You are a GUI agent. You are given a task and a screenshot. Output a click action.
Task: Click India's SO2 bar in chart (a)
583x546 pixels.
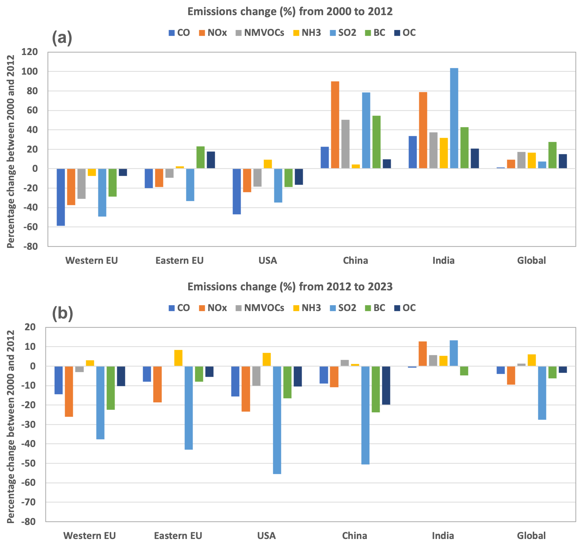pyautogui.click(x=454, y=118)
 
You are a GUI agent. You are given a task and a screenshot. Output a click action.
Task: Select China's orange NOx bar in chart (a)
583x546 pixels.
pyautogui.click(x=335, y=125)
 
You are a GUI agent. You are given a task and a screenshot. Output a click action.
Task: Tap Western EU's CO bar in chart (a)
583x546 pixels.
pyautogui.click(x=61, y=197)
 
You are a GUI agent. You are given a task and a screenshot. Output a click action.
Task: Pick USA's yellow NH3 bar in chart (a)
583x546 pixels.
pyautogui.click(x=268, y=164)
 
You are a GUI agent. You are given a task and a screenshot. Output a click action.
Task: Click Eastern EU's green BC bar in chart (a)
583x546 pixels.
pyautogui.click(x=200, y=157)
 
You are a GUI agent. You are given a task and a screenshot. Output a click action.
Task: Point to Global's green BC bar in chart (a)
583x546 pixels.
pyautogui.click(x=552, y=155)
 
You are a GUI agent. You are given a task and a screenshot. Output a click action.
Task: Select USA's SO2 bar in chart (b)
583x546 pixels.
pyautogui.click(x=277, y=420)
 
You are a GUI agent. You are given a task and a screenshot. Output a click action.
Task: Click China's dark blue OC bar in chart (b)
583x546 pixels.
pyautogui.click(x=386, y=385)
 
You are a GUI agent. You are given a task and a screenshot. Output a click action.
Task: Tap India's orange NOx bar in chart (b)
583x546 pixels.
pyautogui.click(x=423, y=354)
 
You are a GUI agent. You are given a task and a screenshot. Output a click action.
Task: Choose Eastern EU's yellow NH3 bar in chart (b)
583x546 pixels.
pyautogui.click(x=178, y=358)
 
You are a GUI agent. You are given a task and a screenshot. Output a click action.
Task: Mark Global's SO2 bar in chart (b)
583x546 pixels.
pyautogui.click(x=542, y=393)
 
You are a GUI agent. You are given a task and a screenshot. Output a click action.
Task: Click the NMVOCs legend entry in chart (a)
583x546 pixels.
pyautogui.click(x=260, y=33)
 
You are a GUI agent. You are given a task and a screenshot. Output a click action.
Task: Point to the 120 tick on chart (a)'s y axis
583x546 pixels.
pyautogui.click(x=30, y=52)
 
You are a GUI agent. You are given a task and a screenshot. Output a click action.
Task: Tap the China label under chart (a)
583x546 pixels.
pyautogui.click(x=355, y=260)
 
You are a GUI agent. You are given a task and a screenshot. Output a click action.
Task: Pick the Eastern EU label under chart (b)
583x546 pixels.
pyautogui.click(x=178, y=536)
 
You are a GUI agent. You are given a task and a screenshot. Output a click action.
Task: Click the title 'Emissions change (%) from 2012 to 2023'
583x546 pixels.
pyautogui.click(x=290, y=287)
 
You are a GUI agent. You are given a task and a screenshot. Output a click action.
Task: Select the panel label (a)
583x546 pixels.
pyautogui.click(x=62, y=38)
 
